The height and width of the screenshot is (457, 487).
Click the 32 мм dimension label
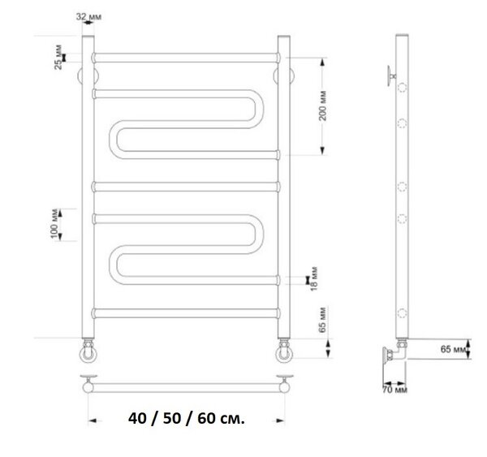pyautogui.click(x=88, y=16)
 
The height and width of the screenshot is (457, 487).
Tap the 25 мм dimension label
pyautogui.click(x=58, y=57)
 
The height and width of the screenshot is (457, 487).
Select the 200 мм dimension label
pyautogui.click(x=323, y=106)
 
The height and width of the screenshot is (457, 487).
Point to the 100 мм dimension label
pyautogui.click(x=54, y=224)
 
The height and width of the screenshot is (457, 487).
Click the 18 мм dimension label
pyautogui.click(x=314, y=278)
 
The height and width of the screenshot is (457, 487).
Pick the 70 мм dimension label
pyautogui.click(x=394, y=390)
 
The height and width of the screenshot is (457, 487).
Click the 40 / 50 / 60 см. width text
pyautogui.click(x=187, y=419)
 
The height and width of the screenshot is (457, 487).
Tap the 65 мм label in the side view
pyautogui.click(x=454, y=349)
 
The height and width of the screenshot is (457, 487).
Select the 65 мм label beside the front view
pyautogui.click(x=322, y=320)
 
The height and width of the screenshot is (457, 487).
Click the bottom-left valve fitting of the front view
pyautogui.click(x=88, y=351)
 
